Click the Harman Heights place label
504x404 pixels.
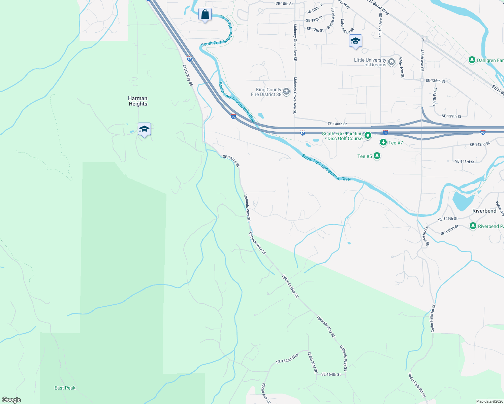pos(137,101)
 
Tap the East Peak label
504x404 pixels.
pos(65,388)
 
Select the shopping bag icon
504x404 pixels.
pos(205,15)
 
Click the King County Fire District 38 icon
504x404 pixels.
pos(286,92)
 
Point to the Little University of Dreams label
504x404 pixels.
pos(370,62)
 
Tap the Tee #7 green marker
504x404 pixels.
pos(383,143)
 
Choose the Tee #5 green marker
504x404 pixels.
pos(377,156)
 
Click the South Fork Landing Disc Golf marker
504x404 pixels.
pos(368,136)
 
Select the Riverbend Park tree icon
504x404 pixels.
pos(473,226)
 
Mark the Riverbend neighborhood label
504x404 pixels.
pos(484,211)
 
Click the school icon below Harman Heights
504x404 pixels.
pos(144,129)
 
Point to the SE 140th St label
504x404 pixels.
pos(337,124)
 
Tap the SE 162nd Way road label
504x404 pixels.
pos(287,359)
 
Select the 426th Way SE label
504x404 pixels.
pos(312,362)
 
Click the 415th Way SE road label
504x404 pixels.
pos(188,75)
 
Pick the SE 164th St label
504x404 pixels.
pos(330,374)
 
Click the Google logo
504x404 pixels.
pos(11,400)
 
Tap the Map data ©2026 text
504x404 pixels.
pos(489,401)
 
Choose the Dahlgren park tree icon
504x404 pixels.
pos(472,60)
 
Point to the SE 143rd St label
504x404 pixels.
pos(465,162)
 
